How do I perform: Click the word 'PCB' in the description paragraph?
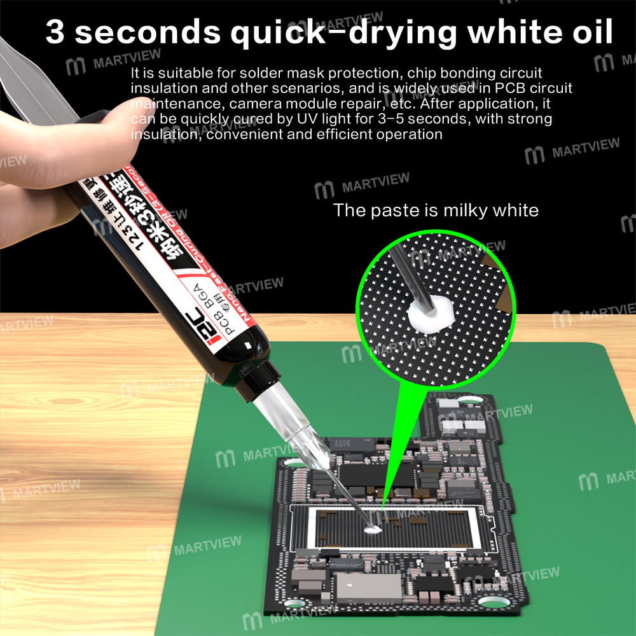[x=506, y=88]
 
